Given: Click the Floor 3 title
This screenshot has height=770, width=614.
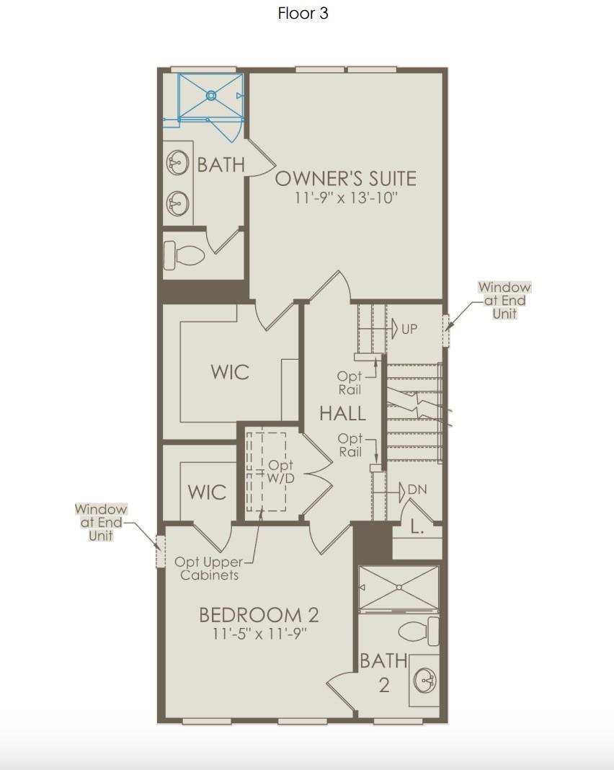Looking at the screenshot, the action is click(303, 13).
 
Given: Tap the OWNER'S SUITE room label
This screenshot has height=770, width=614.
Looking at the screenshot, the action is click(345, 179).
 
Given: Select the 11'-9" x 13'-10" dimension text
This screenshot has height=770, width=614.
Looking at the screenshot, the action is click(345, 198).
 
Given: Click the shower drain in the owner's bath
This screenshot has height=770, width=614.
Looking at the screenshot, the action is click(211, 95).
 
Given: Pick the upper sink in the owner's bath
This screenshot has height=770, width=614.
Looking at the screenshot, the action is click(178, 162).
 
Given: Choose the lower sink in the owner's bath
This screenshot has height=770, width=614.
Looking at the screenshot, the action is click(178, 203).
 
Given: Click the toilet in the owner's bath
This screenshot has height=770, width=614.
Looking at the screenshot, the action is click(183, 255).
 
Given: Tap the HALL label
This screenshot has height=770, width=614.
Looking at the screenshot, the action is click(342, 414).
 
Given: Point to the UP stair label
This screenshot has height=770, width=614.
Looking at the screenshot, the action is click(409, 329).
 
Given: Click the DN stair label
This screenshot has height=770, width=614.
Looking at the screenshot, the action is click(417, 490).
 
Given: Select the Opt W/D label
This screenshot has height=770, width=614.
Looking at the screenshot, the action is click(280, 472).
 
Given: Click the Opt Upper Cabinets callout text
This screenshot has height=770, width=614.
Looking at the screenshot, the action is click(208, 569).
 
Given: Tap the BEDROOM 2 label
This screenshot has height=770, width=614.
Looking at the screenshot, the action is click(259, 615).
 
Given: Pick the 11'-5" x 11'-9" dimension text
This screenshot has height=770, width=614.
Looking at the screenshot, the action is click(259, 634).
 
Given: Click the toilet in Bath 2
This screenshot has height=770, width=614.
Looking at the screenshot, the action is click(418, 631).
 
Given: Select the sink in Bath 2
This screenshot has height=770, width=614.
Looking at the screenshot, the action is click(425, 681).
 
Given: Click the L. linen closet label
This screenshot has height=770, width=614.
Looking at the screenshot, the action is click(417, 528).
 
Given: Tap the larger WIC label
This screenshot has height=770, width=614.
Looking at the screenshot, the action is click(230, 372).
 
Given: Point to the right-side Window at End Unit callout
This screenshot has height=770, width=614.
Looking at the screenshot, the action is click(504, 300).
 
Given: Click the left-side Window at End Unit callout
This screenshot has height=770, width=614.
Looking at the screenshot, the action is click(101, 522).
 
